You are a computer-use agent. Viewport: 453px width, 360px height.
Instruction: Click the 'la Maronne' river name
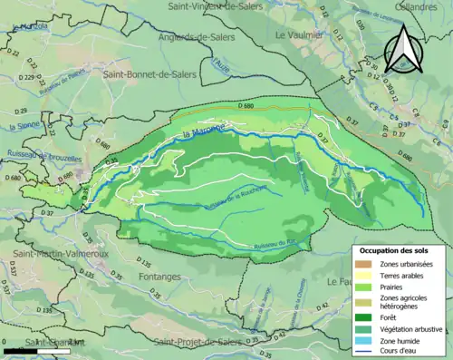203,136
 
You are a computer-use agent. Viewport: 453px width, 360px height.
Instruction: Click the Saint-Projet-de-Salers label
200,342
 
